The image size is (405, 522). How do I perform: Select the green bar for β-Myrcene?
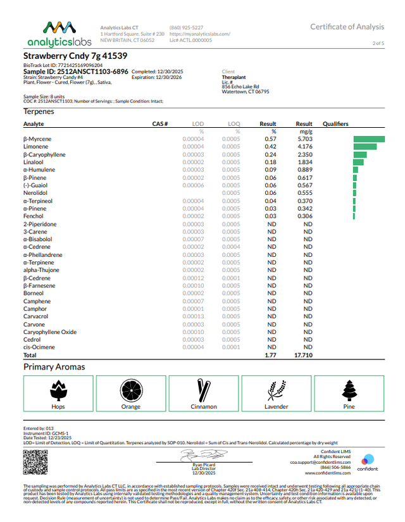pos(369,139)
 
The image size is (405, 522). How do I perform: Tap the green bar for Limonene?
pos(364,147)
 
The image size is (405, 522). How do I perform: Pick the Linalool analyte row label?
pos(34,162)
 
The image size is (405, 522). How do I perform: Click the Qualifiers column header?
pos(335,124)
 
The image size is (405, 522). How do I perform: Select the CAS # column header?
pos(159,124)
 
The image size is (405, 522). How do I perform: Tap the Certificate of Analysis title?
pos(347,26)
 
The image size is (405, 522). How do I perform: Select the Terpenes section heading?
pos(39,111)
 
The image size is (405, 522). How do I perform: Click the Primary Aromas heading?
pos(54,367)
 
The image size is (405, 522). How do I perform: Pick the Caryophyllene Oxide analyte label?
pos(50,332)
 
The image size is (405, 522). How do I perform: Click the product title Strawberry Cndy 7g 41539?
pos(66,56)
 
